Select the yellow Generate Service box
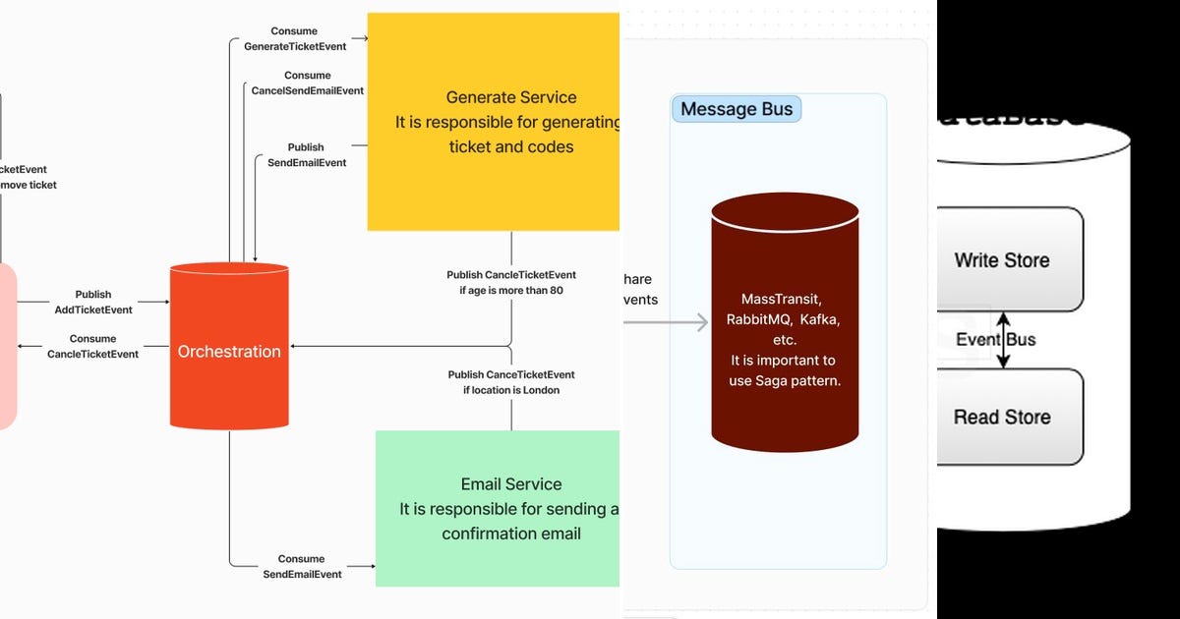pyautogui.click(x=494, y=122)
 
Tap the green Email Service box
pyautogui.click(x=498, y=508)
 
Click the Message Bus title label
pyautogui.click(x=737, y=109)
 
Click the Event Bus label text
pyautogui.click(x=995, y=340)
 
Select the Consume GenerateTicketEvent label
pyautogui.click(x=293, y=38)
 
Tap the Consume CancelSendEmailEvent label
pyautogui.click(x=308, y=83)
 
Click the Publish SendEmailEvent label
pyautogui.click(x=307, y=155)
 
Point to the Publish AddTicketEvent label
pyautogui.click(x=93, y=302)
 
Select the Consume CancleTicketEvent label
pyautogui.click(x=93, y=346)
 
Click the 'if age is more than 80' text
pyautogui.click(x=511, y=291)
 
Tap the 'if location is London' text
pyautogui.click(x=511, y=390)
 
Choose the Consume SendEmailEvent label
pyautogui.click(x=302, y=566)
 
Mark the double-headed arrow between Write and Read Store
pyautogui.click(x=1003, y=340)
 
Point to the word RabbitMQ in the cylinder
pyautogui.click(x=758, y=319)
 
